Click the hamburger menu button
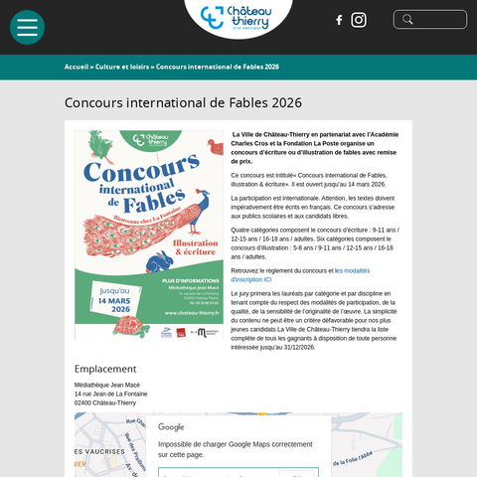(27, 27)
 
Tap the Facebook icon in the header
(339, 20)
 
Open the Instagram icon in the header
(359, 20)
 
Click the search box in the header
(429, 20)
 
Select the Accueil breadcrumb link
(76, 67)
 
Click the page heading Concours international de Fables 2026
(183, 102)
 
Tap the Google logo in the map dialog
(171, 427)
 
